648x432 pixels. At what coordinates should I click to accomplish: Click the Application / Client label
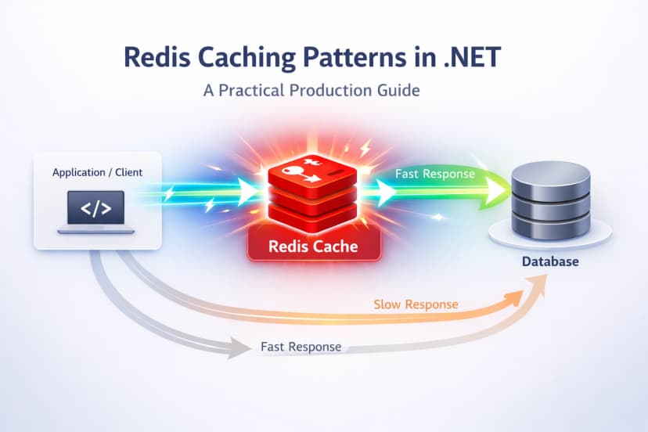97,171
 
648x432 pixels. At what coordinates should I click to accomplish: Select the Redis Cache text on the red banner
312,246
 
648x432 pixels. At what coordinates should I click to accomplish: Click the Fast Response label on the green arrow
434,174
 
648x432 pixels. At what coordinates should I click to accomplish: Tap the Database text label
550,261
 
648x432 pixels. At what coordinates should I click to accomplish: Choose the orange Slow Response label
416,304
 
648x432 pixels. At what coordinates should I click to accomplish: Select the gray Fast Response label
301,346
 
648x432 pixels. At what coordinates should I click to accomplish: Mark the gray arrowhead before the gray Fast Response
237,347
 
